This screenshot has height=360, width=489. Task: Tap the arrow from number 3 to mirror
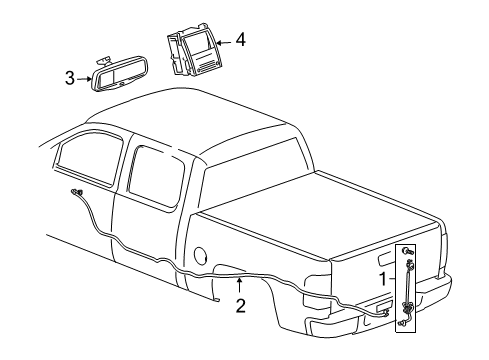(x=84, y=76)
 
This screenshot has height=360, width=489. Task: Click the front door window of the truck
(x=84, y=162)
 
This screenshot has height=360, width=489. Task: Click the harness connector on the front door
(x=77, y=193)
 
